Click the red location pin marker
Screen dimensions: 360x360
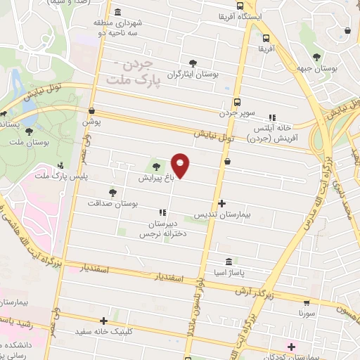tap(181, 166)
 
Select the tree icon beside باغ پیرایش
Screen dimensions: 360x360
tap(155, 167)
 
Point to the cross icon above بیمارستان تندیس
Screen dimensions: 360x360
tap(222, 203)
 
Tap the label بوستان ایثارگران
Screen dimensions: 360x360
tap(193, 73)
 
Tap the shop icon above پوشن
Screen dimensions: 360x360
tap(92, 110)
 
